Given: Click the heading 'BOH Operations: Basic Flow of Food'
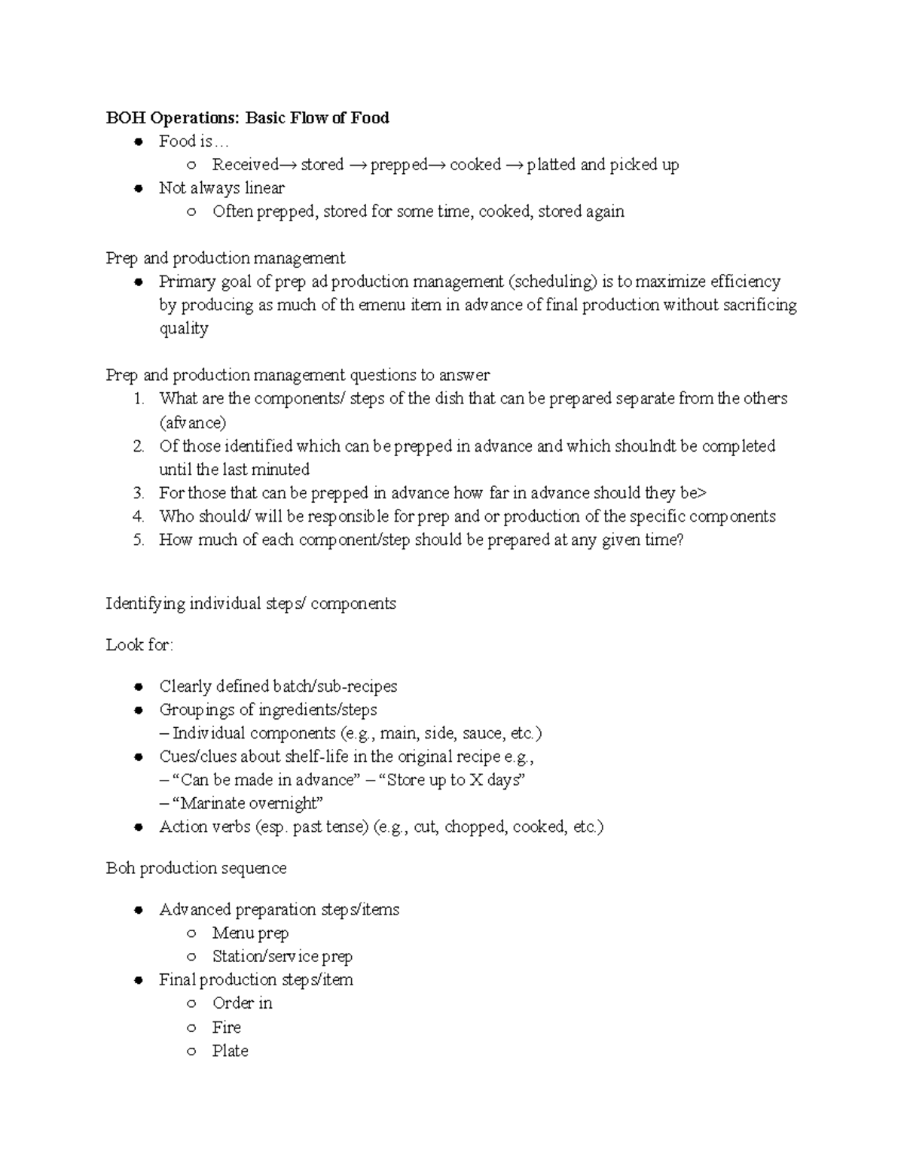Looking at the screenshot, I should point(247,117).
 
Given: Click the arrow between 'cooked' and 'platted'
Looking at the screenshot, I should point(514,165).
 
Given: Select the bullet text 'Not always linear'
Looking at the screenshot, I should point(221,188).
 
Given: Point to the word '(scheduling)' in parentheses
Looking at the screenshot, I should point(553,282).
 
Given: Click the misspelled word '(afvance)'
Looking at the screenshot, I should point(192,422).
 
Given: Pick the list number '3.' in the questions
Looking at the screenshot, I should point(138,493).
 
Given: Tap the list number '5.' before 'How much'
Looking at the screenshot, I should point(138,540).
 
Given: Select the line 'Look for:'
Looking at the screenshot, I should point(139,645).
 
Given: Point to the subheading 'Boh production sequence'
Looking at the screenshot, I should point(196,868).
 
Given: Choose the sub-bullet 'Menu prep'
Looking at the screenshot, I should point(250,933).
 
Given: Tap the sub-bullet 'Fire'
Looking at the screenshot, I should point(226,1027).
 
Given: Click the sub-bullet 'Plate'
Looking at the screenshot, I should point(230,1051).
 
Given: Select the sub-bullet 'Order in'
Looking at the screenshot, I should point(242,1003).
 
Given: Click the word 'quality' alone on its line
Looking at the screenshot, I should point(183,329).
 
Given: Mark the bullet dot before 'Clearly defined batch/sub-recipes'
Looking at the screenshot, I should point(138,686).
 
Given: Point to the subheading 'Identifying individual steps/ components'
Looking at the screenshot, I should point(250,604).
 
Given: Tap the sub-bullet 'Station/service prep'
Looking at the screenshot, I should point(282,957).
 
